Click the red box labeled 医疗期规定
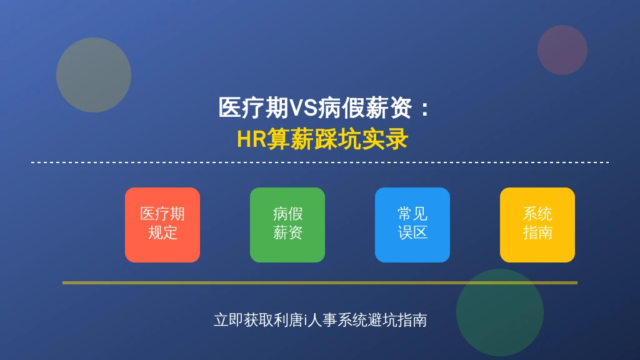click(162, 225)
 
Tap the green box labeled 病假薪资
click(287, 225)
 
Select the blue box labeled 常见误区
click(412, 225)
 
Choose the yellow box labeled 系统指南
click(537, 225)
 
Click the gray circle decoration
click(94, 75)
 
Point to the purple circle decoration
click(562, 50)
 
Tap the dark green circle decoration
click(500, 312)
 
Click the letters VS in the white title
click(303, 108)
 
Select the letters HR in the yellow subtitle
click(251, 139)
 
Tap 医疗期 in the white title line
click(254, 108)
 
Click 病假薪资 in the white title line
click(365, 108)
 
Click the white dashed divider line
click(320, 162)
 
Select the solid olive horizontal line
click(320, 282)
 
